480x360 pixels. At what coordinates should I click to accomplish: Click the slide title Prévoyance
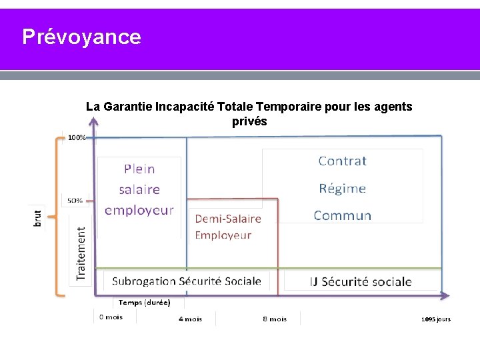[81, 37]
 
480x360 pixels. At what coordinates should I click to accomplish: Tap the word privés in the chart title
[249, 121]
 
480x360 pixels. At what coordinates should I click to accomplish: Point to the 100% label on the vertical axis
[77, 138]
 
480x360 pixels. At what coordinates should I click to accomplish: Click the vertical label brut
[37, 218]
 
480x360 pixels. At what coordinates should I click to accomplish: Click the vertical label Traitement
[81, 253]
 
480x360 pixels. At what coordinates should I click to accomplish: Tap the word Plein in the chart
[139, 169]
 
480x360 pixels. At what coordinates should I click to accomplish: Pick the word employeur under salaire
[139, 209]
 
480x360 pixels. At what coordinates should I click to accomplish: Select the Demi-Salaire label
[228, 219]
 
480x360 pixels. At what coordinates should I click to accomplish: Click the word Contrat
[342, 161]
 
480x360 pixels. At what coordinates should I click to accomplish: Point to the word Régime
[342, 188]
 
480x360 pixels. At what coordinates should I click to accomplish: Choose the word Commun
[342, 215]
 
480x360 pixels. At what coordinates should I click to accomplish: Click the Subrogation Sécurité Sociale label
[186, 281]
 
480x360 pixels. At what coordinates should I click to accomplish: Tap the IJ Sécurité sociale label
[361, 281]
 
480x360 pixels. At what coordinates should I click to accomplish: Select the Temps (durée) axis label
[145, 302]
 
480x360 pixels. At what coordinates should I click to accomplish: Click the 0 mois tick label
[111, 317]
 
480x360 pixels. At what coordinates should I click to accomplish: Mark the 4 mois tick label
[190, 319]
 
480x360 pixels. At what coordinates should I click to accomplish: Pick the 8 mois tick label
[275, 319]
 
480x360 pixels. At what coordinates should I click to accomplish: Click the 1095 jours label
[436, 319]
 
